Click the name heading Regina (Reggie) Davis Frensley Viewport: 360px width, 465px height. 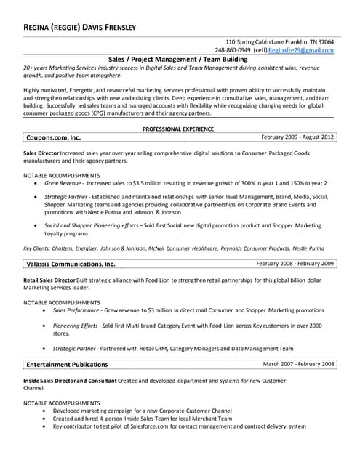pyautogui.click(x=79, y=27)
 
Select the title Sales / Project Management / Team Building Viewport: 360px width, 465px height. pyautogui.click(x=177, y=59)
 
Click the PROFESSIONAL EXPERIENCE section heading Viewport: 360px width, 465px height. pyautogui.click(x=177, y=129)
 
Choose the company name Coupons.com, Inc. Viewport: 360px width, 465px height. pyautogui.click(x=54, y=137)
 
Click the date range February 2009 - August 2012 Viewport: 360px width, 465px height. pyautogui.click(x=297, y=136)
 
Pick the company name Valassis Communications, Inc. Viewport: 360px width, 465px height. pyautogui.click(x=71, y=264)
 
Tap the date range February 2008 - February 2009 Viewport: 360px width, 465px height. pyautogui.click(x=295, y=263)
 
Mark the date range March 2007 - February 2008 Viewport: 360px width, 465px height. pyautogui.click(x=298, y=363)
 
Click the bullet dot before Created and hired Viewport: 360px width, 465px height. pyautogui.click(x=45, y=418)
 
